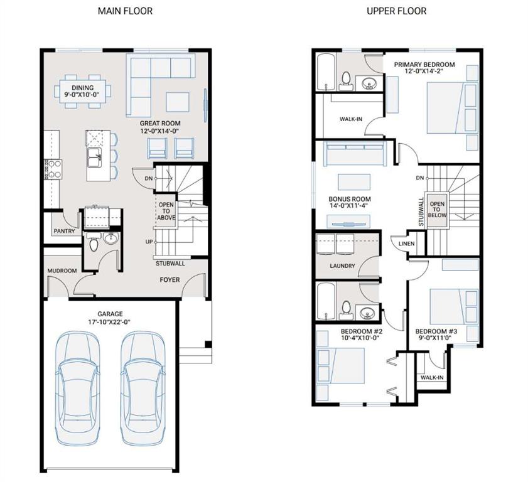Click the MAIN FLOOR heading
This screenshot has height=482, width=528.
pyautogui.click(x=126, y=11)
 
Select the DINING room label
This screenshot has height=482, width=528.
pyautogui.click(x=82, y=88)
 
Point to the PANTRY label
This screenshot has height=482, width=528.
pyautogui.click(x=64, y=231)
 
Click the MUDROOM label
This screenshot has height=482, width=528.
pyautogui.click(x=62, y=271)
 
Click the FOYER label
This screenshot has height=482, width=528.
pyautogui.click(x=170, y=280)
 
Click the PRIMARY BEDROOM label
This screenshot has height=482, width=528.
pyautogui.click(x=424, y=64)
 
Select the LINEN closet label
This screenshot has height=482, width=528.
pyautogui.click(x=406, y=244)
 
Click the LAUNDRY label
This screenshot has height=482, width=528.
pyautogui.click(x=342, y=265)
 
